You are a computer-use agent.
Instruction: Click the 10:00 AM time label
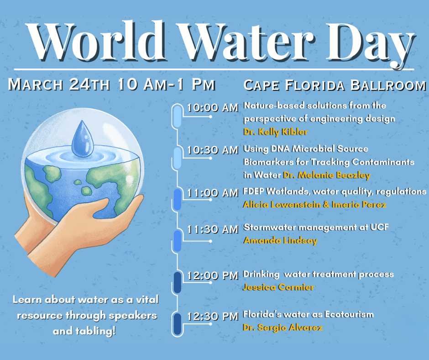(213, 108)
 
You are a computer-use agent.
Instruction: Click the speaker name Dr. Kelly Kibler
(276, 132)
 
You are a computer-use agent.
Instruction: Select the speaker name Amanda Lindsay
(280, 241)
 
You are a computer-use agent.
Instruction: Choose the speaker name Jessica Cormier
(279, 287)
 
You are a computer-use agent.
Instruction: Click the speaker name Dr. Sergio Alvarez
(283, 328)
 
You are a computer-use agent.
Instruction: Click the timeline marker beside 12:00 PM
(178, 282)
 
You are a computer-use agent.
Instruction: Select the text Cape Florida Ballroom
(335, 86)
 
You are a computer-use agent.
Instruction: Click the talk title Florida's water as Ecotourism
(308, 315)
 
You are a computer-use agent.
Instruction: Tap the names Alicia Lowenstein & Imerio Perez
(315, 205)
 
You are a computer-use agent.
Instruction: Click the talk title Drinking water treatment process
(318, 275)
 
